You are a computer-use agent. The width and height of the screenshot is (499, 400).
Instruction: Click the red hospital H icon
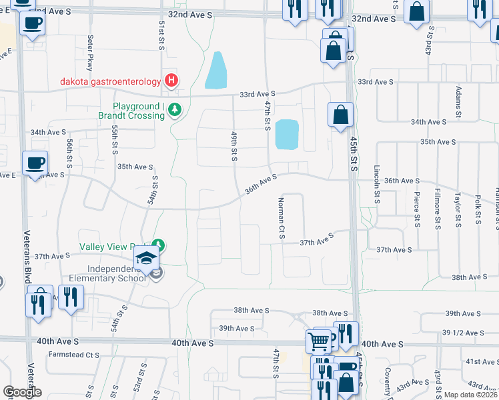171,81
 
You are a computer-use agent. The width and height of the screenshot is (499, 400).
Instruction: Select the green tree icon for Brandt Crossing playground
174,109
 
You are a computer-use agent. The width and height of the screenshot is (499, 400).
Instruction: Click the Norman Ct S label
282,219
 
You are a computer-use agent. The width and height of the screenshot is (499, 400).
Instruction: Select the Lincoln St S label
377,185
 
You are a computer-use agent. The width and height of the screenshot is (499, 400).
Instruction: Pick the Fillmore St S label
437,209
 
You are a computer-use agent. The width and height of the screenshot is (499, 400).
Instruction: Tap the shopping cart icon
318,342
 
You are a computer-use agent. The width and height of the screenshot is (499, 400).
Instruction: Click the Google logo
22,392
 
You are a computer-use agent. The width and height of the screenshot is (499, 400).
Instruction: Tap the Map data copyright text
470,395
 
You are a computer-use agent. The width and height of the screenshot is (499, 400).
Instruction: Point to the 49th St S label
234,145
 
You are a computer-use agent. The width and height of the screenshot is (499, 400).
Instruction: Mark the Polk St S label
478,209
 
